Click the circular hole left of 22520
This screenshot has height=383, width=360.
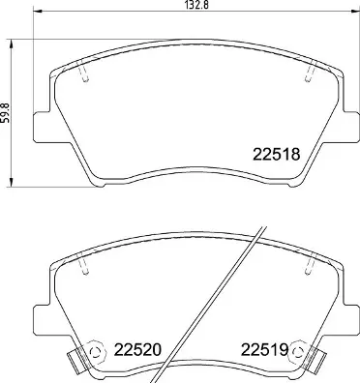[x=95, y=352]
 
